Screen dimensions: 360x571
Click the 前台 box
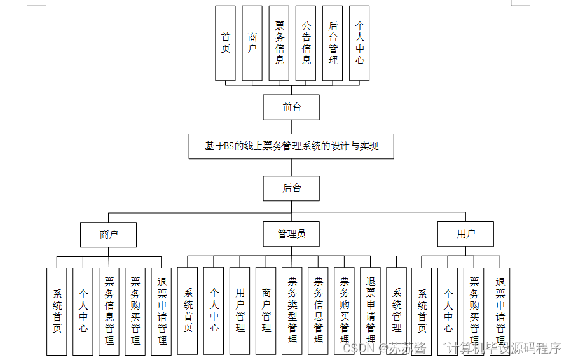coord(291,107)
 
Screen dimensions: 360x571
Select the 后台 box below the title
coord(291,188)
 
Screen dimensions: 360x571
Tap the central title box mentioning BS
coord(291,146)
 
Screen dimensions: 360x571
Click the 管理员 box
coord(291,234)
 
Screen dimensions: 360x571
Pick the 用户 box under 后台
coord(465,234)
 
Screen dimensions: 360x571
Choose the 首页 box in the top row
coord(225,43)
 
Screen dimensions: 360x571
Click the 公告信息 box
coord(306,43)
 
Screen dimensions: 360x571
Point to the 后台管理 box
coord(333,43)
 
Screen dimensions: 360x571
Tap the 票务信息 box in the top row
coord(279,43)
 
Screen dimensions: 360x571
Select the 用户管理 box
coord(240,310)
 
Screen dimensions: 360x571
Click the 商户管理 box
coord(266,310)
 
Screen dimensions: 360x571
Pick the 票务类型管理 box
coord(292,310)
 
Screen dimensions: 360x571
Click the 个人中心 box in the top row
coord(359,43)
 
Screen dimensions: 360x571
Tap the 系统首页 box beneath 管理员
coord(188,310)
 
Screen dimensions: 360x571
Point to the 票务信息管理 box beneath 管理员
coord(318,310)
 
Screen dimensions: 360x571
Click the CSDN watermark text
coord(357,349)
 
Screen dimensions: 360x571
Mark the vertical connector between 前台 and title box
coord(291,127)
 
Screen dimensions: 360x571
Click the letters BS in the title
coord(229,146)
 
